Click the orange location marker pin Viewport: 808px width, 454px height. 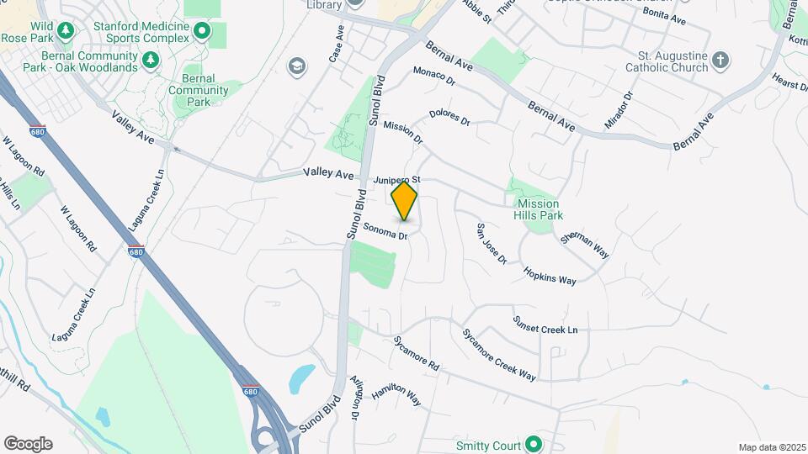click(404, 200)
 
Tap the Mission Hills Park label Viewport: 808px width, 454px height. click(538, 209)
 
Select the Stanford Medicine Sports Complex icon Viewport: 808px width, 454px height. click(201, 32)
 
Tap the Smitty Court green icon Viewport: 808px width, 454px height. click(533, 444)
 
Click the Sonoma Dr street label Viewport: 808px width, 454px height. click(386, 230)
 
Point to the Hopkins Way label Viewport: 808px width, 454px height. click(550, 275)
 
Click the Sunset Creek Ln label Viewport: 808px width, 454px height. click(545, 324)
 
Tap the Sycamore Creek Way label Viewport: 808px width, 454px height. click(498, 353)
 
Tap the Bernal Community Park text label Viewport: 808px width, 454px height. click(198, 90)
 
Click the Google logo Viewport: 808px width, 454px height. click(28, 444)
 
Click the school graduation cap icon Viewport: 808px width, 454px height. click(295, 66)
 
